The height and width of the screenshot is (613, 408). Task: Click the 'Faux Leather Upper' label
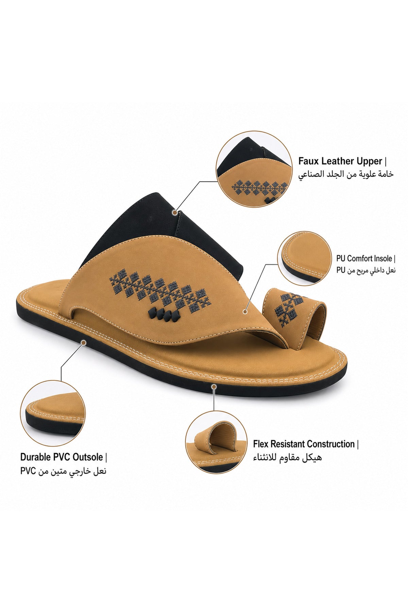340,161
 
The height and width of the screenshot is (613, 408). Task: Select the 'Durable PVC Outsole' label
62,457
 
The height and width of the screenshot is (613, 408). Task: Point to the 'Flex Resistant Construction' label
304,444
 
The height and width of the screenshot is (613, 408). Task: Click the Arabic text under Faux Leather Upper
346,174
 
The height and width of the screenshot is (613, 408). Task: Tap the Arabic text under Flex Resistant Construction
287,457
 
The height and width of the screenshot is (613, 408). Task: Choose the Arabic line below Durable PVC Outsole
63,471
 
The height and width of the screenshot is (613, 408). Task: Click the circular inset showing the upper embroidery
254,169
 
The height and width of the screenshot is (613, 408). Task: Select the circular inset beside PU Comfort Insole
304,258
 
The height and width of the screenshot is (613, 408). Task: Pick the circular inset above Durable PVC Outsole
53,413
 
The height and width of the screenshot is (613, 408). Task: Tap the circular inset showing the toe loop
216,442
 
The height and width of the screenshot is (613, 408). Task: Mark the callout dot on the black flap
175,212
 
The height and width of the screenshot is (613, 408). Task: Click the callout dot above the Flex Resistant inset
214,387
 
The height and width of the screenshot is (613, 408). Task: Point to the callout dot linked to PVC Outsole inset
84,342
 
